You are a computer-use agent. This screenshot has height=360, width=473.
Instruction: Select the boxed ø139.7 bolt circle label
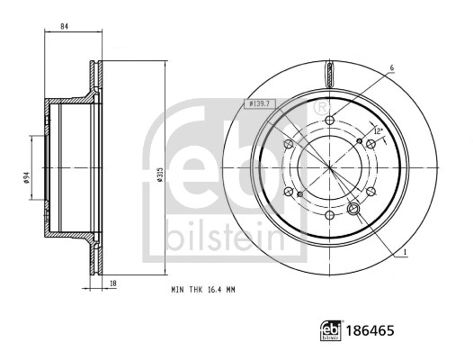point(263,106)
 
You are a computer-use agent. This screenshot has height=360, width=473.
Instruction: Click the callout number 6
point(392,67)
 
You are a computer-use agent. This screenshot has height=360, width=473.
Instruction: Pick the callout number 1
point(406,251)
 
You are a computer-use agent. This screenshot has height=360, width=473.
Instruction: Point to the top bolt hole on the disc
point(330,121)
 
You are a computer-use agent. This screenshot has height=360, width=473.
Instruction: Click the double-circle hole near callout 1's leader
point(353,210)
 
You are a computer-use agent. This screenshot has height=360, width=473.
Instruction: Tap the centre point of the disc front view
point(330,169)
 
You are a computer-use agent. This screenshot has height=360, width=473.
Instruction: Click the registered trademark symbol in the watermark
point(321,107)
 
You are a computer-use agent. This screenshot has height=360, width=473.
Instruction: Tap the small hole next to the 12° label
point(360,140)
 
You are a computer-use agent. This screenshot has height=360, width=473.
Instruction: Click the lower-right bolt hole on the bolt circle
point(371,193)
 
